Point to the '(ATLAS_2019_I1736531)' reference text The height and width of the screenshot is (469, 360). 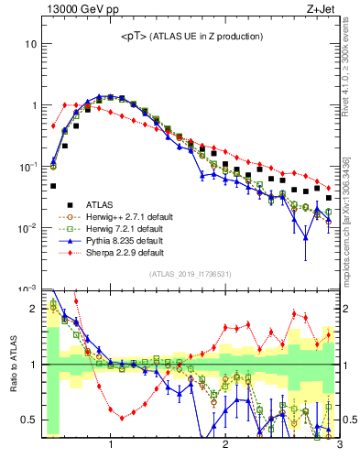point(191,274)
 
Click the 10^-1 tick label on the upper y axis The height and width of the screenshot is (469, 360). point(27,167)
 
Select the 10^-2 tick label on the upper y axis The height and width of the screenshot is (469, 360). point(27,228)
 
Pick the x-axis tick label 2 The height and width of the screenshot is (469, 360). point(225,446)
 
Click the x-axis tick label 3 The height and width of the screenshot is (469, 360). point(338,446)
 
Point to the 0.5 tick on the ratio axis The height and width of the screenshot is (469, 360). point(28,420)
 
